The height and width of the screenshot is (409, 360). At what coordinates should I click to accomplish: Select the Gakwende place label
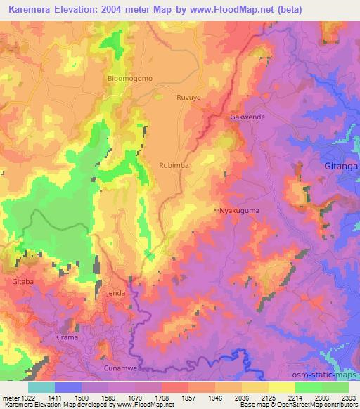247,117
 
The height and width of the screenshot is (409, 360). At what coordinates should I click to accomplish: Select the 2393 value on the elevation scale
349,397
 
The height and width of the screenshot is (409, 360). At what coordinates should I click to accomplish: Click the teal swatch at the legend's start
41,387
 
